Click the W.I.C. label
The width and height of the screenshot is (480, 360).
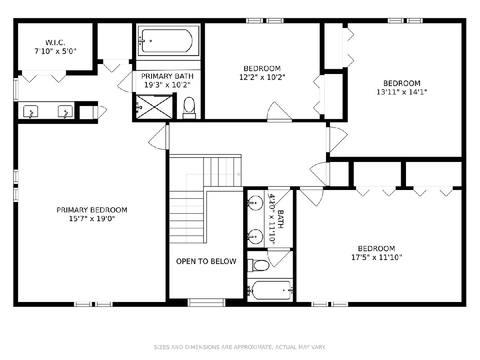coord(55,42)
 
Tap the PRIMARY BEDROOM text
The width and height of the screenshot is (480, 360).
coord(92,210)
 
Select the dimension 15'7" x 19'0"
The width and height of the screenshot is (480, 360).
coord(92,218)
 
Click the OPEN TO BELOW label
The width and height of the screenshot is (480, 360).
coord(206,261)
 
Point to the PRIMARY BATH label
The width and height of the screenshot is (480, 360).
coord(167,76)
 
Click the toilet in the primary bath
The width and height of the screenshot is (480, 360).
coord(189,108)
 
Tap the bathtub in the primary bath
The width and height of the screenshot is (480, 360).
coord(167,41)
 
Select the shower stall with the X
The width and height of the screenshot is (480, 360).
coord(154,107)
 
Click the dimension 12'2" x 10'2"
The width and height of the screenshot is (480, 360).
coord(262,77)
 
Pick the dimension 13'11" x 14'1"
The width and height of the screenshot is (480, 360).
coord(402,92)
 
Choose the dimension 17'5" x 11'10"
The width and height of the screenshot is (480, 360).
coord(376,257)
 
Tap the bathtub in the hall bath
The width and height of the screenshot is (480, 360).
coord(270,290)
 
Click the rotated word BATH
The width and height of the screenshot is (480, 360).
coord(280,219)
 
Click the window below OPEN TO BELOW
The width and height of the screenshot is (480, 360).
coord(206,302)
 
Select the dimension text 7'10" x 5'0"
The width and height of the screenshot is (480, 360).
coord(55,51)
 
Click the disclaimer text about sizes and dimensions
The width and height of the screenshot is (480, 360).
coord(240,347)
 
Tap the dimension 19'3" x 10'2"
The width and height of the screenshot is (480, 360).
coord(167,85)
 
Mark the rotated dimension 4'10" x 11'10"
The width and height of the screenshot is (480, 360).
coord(272,219)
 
